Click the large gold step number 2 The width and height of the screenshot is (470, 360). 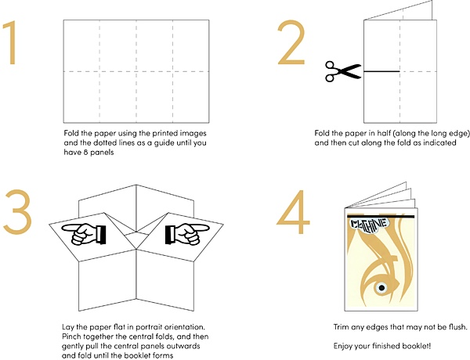coord(291,44)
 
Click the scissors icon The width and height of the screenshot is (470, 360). coord(342,72)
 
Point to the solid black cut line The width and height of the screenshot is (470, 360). coord(381,72)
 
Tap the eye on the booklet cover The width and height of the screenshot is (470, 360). coord(382,290)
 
